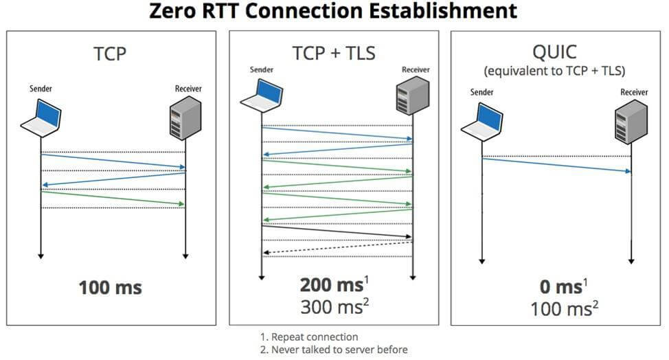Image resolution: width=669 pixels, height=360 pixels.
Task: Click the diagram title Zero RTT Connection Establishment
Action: [333, 11]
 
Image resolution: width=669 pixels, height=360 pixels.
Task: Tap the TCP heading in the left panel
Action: [110, 54]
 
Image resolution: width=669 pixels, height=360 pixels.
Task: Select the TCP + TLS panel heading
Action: [334, 54]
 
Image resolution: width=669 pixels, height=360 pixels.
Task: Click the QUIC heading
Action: [555, 52]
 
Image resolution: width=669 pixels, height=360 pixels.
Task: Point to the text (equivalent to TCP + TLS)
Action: [555, 71]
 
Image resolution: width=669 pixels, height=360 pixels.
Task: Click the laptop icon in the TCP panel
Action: [41, 117]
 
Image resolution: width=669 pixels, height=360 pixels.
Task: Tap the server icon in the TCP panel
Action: [185, 117]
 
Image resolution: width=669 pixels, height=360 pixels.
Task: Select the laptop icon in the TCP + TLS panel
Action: [261, 96]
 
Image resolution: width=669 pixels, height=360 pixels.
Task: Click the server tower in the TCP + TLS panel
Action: [413, 95]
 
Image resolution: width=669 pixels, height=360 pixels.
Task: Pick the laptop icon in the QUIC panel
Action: [481, 122]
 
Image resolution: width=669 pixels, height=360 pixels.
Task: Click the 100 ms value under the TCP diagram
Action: [110, 287]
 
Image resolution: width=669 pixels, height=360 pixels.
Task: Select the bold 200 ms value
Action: [332, 285]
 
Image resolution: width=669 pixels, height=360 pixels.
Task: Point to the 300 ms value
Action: [332, 306]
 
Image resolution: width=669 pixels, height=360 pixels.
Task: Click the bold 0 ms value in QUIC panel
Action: [560, 286]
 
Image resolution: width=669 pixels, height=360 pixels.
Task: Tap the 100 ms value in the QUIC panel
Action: [561, 308]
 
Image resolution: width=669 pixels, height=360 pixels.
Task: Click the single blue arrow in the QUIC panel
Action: [556, 165]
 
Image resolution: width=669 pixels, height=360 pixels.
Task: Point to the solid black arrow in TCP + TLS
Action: [337, 232]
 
